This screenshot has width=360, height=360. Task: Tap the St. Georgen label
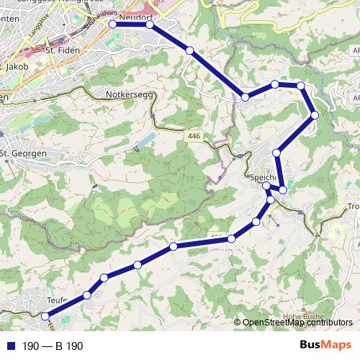[24, 153]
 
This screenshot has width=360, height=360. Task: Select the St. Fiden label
[60, 52]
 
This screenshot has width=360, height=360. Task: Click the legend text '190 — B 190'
[53, 346]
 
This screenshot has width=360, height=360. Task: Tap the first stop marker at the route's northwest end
[112, 24]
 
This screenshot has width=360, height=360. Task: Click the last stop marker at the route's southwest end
[45, 316]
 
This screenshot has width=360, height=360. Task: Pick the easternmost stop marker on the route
[315, 115]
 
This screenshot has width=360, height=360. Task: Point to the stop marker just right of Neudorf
[150, 24]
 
